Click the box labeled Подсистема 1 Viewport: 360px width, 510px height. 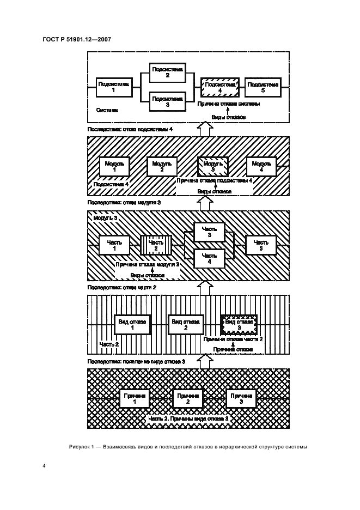pyautogui.click(x=114, y=87)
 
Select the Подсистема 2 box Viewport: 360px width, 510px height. pyautogui.click(x=168, y=72)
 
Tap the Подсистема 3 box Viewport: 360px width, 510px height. pyautogui.click(x=168, y=102)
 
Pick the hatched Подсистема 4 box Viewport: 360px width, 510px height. pyautogui.click(x=220, y=87)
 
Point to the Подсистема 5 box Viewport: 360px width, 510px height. pyautogui.click(x=263, y=87)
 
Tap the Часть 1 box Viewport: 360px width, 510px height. pyautogui.click(x=114, y=245)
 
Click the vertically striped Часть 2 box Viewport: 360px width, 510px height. pyautogui.click(x=157, y=245)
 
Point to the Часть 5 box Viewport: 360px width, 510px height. pyautogui.click(x=261, y=245)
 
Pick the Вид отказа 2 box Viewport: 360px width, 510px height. pyautogui.click(x=186, y=325)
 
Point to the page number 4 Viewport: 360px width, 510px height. pyautogui.click(x=44, y=466)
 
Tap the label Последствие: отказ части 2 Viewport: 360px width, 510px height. pyautogui.click(x=122, y=287)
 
